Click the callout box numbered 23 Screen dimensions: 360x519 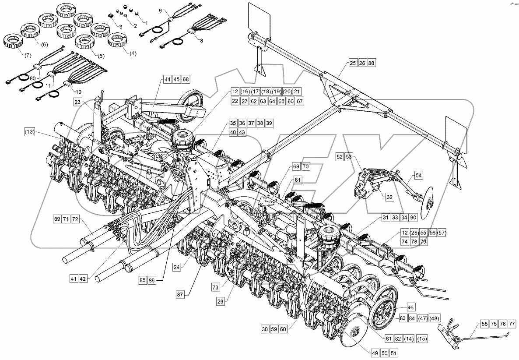pos(78,102)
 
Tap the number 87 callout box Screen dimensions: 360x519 pos(180,294)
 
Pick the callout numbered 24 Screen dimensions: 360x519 pos(177,267)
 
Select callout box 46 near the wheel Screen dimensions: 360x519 pos(410,308)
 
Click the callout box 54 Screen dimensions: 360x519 pos(419,175)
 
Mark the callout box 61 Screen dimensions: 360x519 pos(298,180)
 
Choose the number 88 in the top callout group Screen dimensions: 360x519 pos(371,63)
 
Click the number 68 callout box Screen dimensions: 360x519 pos(186,79)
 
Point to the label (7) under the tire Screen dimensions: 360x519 pos(16,55)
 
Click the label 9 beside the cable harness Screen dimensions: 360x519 pos(160,10)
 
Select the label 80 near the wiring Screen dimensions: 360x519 pos(33,78)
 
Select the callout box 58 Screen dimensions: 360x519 pos(484,324)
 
